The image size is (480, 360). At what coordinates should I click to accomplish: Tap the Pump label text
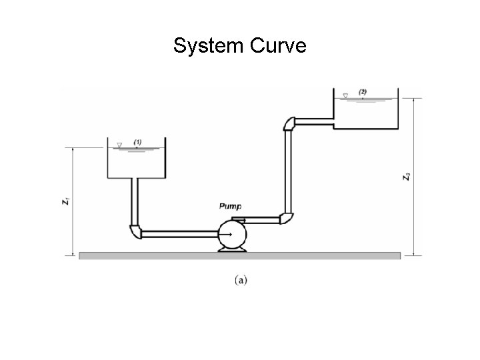pos(230,207)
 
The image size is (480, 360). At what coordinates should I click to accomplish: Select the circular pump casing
pos(231,235)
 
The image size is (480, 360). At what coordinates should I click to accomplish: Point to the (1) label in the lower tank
pos(137,142)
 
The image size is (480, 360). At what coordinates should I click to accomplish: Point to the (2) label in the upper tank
pos(363,91)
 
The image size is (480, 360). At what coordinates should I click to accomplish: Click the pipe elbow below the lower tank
pos(135,231)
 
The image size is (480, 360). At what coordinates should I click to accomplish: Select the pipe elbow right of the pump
pos(287,218)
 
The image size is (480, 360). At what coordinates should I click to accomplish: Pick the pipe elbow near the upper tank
pos(289,124)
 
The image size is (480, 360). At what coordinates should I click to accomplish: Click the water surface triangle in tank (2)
pos(345,95)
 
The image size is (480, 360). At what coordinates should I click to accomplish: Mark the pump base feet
pos(231,249)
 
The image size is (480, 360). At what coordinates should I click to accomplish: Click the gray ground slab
pos(240,255)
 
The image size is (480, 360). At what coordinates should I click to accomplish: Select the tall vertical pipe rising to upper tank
pos(289,170)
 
